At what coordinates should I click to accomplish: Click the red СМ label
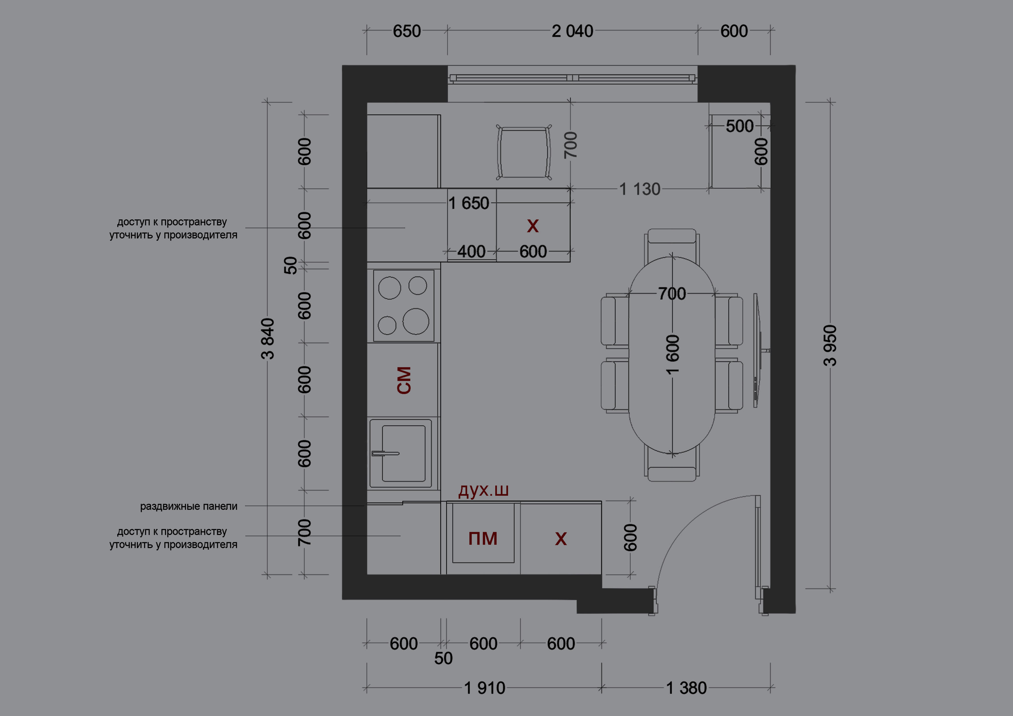point(404,380)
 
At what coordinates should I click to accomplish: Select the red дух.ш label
point(484,490)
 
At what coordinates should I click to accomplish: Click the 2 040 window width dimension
point(572,31)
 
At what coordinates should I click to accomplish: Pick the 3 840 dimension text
point(268,339)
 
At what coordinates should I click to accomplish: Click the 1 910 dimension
point(485,688)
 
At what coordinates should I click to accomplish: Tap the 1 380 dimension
point(686,688)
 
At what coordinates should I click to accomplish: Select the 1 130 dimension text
point(640,189)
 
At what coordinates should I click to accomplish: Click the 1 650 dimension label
point(469,203)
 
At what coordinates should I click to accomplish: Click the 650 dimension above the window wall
point(407,31)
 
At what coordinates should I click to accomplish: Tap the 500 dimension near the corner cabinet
point(740,126)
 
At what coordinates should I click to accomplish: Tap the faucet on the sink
point(385,453)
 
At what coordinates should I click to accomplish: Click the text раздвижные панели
point(189,506)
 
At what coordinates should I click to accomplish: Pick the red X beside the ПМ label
point(561,539)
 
